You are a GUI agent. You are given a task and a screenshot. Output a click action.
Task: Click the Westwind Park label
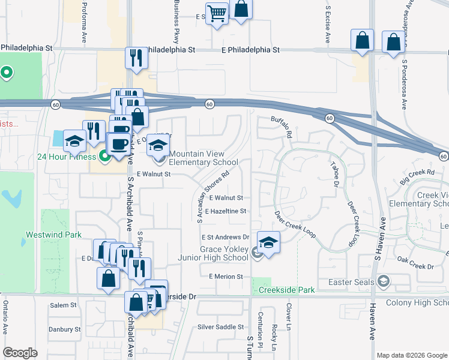(x=53, y=235)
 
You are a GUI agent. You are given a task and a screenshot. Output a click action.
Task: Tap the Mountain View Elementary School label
(x=203, y=158)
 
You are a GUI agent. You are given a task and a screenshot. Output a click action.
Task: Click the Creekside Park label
(x=286, y=290)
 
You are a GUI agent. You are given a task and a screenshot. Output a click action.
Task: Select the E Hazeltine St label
(x=226, y=211)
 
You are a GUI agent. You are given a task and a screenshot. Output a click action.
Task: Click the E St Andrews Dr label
(x=225, y=238)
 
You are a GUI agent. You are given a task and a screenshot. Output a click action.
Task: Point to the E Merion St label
(x=226, y=277)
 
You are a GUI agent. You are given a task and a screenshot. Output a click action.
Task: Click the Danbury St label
(x=65, y=329)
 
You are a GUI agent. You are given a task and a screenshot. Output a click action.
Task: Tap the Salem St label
(x=64, y=305)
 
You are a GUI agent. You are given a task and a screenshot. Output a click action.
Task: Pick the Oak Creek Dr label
(x=415, y=266)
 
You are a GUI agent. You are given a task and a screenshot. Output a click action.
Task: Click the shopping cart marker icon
(x=217, y=13)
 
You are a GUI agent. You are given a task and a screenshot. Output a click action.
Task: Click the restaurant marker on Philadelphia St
(x=136, y=58)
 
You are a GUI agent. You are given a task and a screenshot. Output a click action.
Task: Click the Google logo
(x=20, y=353)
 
